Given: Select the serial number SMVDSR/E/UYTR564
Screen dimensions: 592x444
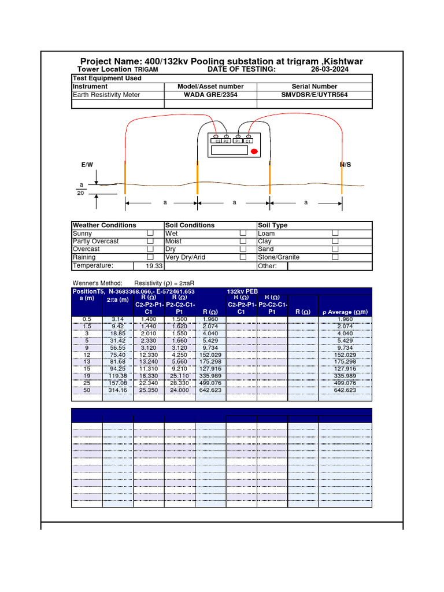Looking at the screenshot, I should click(314, 95).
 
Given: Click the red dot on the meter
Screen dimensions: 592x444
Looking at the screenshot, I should click(254, 151).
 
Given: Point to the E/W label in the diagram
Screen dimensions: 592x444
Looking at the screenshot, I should click(87, 165).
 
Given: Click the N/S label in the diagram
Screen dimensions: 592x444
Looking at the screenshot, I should click(345, 165).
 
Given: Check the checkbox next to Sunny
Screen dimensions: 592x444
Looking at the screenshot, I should click(150, 234).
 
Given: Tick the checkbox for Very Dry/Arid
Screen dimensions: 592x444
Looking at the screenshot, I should click(243, 257).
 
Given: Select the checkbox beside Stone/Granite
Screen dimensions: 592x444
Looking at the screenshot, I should click(335, 257).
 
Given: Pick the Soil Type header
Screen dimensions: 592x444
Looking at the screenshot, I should click(273, 225).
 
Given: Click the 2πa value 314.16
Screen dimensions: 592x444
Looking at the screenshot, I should click(118, 390).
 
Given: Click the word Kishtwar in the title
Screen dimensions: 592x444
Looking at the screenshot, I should click(342, 61).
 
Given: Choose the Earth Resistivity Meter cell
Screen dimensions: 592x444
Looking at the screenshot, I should click(106, 95).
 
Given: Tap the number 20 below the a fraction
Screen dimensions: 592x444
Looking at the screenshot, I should click(80, 194).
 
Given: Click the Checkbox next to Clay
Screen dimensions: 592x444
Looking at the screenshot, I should click(335, 241).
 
